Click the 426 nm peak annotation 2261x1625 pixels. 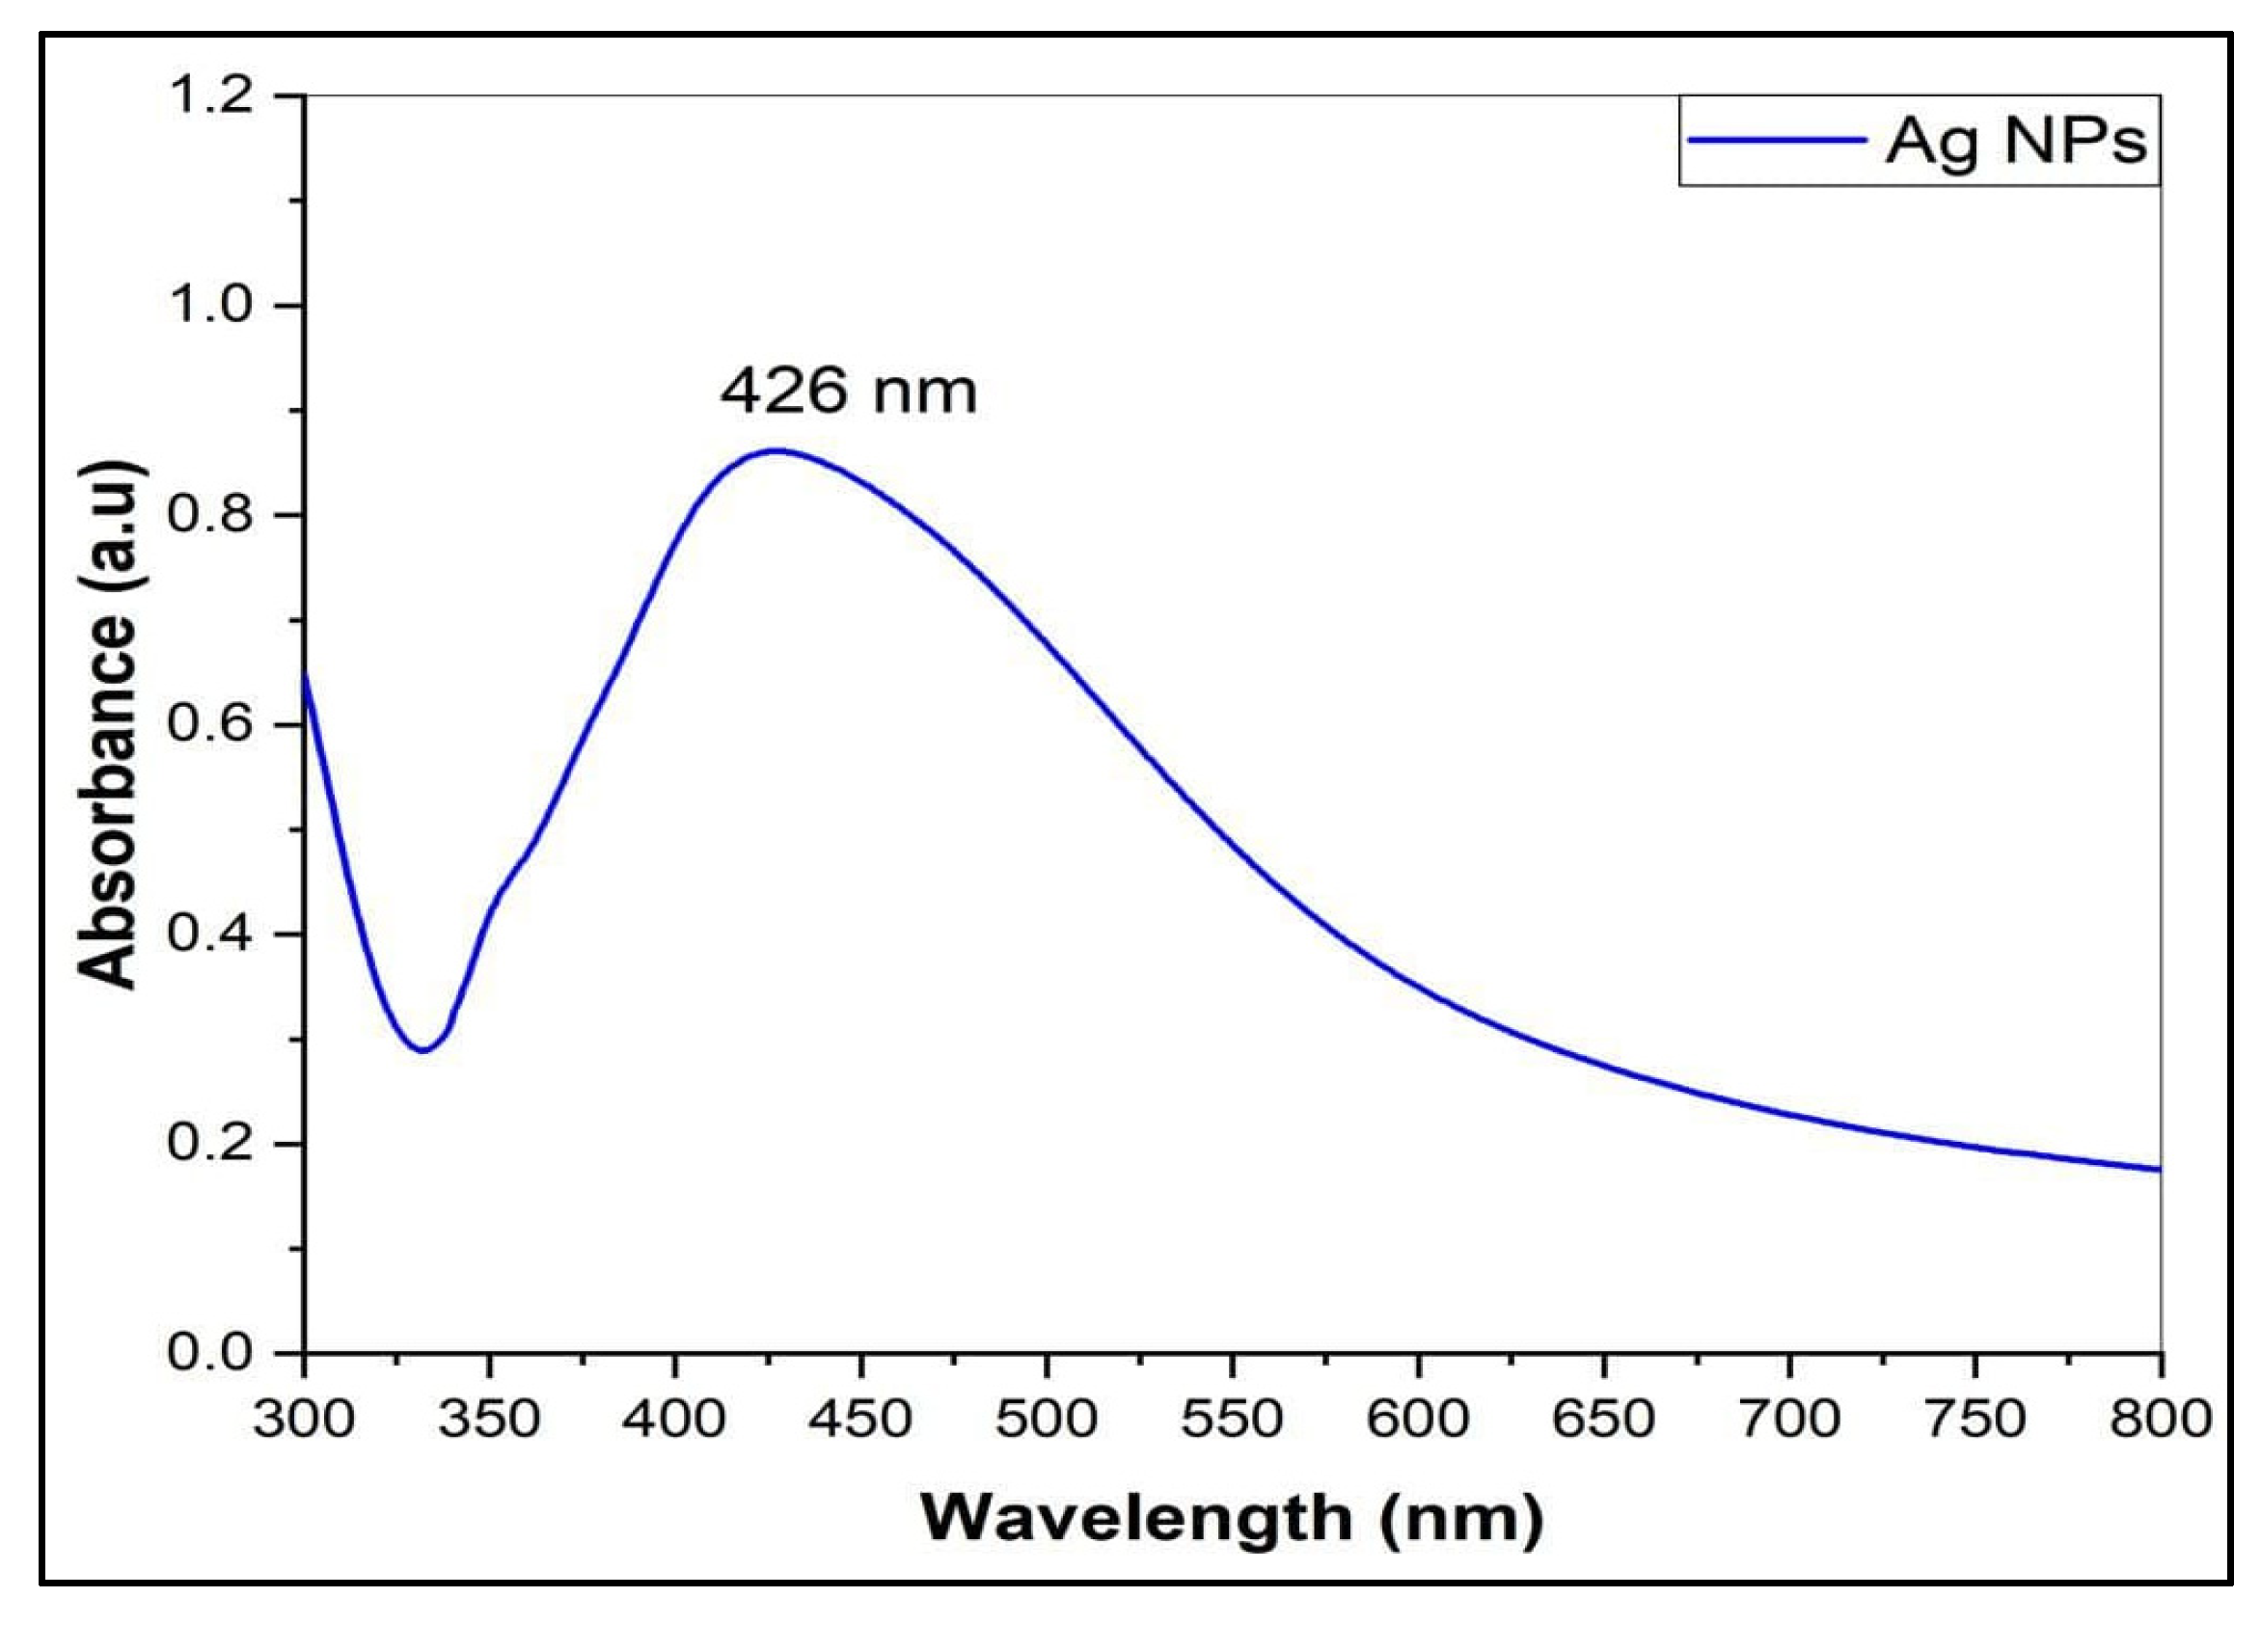click(x=849, y=391)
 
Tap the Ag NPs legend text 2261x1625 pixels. click(x=2016, y=142)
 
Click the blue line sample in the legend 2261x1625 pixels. click(x=1776, y=141)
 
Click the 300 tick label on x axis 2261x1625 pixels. click(x=304, y=1419)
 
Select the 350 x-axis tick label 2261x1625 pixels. click(x=489, y=1419)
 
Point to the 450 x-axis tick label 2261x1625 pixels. click(x=860, y=1419)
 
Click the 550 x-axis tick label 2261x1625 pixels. click(x=1232, y=1419)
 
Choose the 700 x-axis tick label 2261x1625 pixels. click(x=1789, y=1419)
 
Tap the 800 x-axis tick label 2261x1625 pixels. click(x=2160, y=1419)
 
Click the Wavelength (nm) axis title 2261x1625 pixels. click(x=1232, y=1519)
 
